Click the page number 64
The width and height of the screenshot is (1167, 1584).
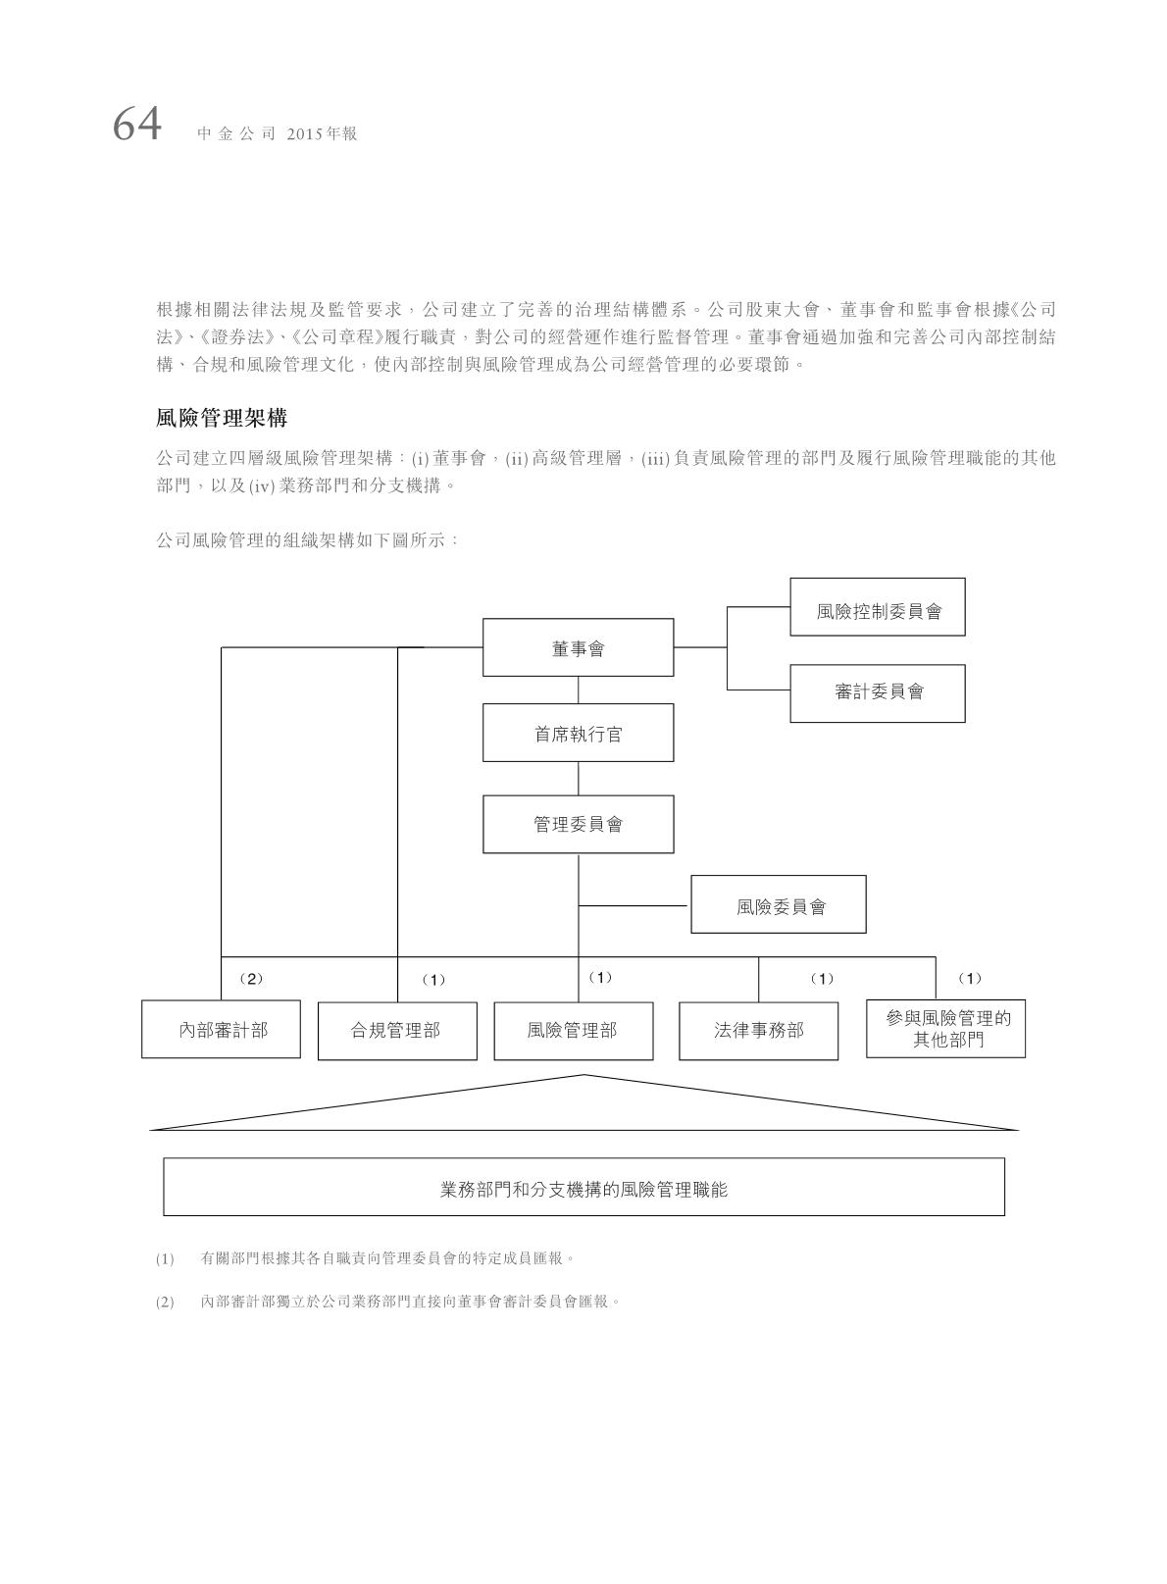point(136,126)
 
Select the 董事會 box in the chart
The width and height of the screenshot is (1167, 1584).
point(578,647)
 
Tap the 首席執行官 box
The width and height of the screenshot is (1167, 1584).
point(578,733)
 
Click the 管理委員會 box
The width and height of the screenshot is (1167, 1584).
point(578,824)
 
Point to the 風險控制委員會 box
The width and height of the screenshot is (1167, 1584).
point(878,607)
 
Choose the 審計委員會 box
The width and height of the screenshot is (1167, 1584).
point(878,692)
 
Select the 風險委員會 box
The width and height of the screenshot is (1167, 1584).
point(779,904)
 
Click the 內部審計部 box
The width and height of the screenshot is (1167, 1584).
point(221,1030)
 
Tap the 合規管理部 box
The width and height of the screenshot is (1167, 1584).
point(397,1030)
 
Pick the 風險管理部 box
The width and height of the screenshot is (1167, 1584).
point(573,1030)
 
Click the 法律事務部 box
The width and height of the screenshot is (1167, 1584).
point(758,1030)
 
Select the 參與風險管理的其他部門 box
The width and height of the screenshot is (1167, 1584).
point(945,1029)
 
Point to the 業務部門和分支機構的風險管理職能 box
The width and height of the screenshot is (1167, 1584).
point(583,1187)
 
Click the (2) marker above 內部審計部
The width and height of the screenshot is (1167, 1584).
point(251,979)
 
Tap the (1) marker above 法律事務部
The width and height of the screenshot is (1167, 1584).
point(822,979)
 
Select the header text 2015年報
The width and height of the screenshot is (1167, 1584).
point(323,134)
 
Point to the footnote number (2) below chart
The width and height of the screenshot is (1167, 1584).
point(164,1302)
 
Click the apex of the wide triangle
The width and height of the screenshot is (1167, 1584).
point(584,1076)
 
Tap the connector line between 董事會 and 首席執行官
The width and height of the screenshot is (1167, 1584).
point(578,690)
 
